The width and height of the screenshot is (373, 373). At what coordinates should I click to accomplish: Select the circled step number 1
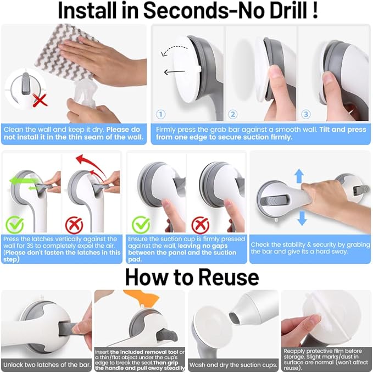tap(161, 114)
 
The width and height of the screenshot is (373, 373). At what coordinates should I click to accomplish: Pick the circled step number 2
tap(233, 114)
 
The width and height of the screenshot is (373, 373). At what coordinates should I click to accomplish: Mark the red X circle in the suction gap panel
tap(199, 224)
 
